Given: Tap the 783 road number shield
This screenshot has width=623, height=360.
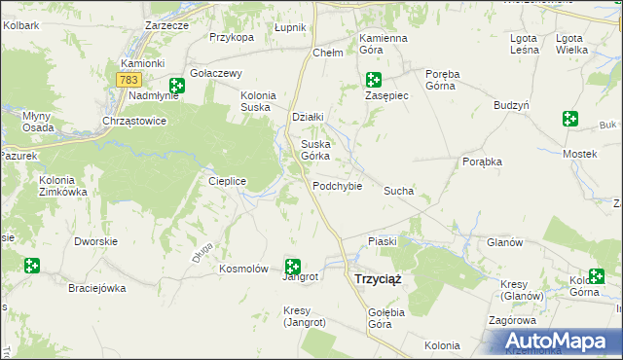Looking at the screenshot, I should [128, 79].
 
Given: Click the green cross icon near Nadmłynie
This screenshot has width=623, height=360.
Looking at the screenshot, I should [176, 86].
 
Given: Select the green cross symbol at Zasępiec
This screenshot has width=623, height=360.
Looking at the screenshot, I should [373, 80].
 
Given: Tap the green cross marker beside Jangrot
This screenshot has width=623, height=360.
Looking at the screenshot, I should [292, 266].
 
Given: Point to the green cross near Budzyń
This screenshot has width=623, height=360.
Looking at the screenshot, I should [570, 119].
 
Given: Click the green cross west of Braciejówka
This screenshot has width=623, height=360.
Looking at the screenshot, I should [32, 265].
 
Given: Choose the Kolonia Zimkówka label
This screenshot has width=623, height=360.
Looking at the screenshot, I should [63, 186].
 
